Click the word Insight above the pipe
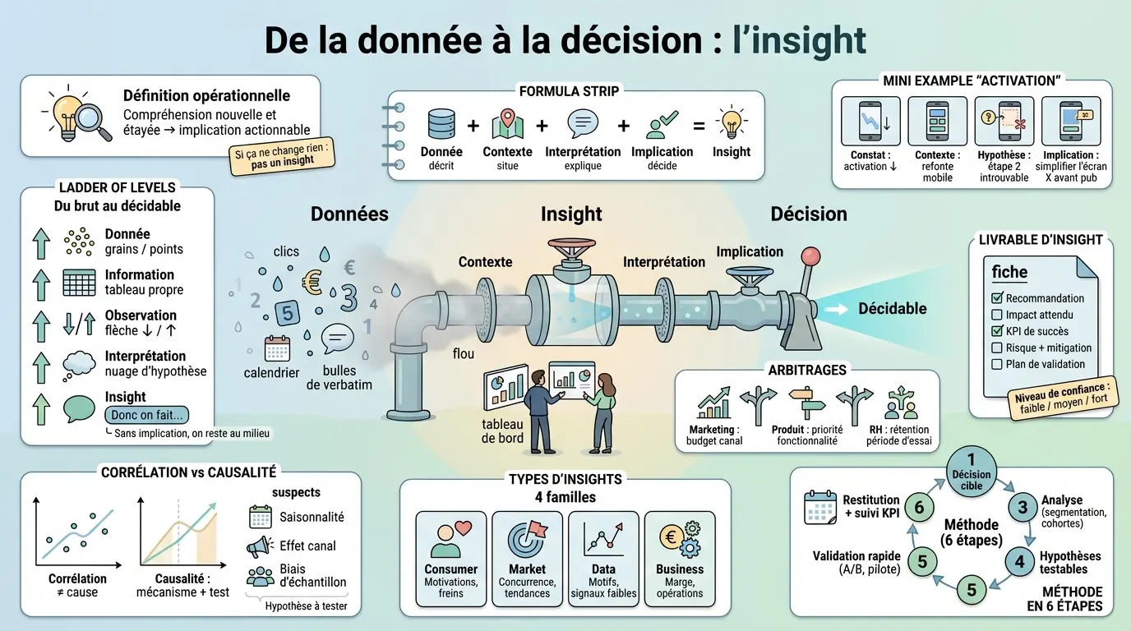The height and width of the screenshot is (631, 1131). coord(570,214)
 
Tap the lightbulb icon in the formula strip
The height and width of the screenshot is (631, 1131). coord(731,124)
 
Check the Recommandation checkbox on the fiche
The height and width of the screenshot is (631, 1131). coord(998,298)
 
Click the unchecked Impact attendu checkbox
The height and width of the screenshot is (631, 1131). coord(998,315)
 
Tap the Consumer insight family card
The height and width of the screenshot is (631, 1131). coord(450,559)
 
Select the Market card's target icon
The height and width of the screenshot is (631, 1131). coord(527,538)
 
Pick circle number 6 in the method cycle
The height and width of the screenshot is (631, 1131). coord(919,508)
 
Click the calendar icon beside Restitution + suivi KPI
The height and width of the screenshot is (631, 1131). coord(820,508)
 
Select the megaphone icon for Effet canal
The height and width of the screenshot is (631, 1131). coord(260,546)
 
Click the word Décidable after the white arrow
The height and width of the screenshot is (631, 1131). coord(892,309)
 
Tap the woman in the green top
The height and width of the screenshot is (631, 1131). coord(602,413)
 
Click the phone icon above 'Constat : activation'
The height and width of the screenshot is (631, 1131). coord(870,122)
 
